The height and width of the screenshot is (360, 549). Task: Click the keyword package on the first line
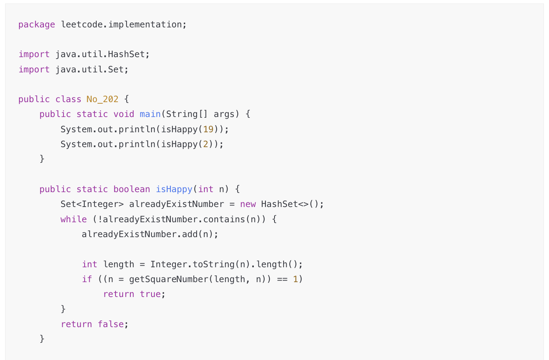(x=36, y=25)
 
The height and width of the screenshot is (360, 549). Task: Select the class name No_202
(x=102, y=99)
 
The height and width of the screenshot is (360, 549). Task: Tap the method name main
(x=150, y=114)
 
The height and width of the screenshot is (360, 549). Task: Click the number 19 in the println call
(x=208, y=129)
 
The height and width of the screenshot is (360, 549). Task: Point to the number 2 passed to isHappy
(x=205, y=144)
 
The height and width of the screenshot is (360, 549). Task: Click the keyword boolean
(x=132, y=189)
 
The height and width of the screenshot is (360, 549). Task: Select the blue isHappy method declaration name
(x=174, y=189)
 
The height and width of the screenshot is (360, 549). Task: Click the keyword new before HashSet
(x=248, y=204)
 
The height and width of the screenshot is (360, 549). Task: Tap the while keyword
(x=74, y=220)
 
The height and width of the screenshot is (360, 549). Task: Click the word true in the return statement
(x=150, y=294)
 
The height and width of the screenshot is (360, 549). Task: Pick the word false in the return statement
(x=110, y=324)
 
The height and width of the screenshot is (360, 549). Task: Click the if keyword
(x=87, y=279)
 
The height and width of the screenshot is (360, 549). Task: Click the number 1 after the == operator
(x=295, y=279)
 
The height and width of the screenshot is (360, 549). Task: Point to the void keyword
(x=124, y=114)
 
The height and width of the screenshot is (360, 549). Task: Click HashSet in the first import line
(x=126, y=54)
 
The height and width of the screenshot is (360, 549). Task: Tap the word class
(x=68, y=99)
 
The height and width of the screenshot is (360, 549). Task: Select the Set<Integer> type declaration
(x=92, y=204)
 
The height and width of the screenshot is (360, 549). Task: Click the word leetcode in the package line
(x=81, y=25)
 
